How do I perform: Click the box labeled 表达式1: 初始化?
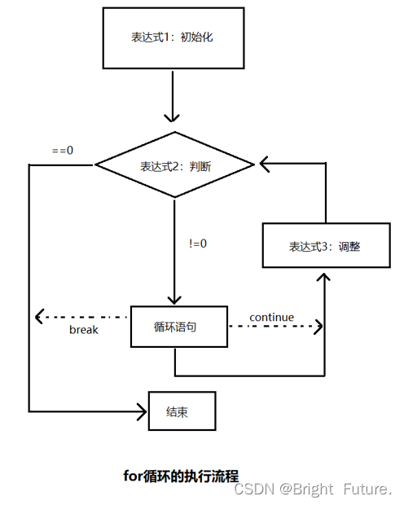click(173, 38)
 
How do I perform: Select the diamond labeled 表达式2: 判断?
click(175, 166)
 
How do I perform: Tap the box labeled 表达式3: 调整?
click(323, 246)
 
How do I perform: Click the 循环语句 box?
click(176, 327)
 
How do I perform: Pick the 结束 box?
click(181, 411)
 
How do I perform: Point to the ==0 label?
click(62, 151)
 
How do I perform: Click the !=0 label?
click(197, 242)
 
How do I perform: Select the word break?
click(83, 330)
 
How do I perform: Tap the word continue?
click(271, 317)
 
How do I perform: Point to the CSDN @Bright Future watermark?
click(313, 489)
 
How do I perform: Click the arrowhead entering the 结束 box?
click(141, 411)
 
